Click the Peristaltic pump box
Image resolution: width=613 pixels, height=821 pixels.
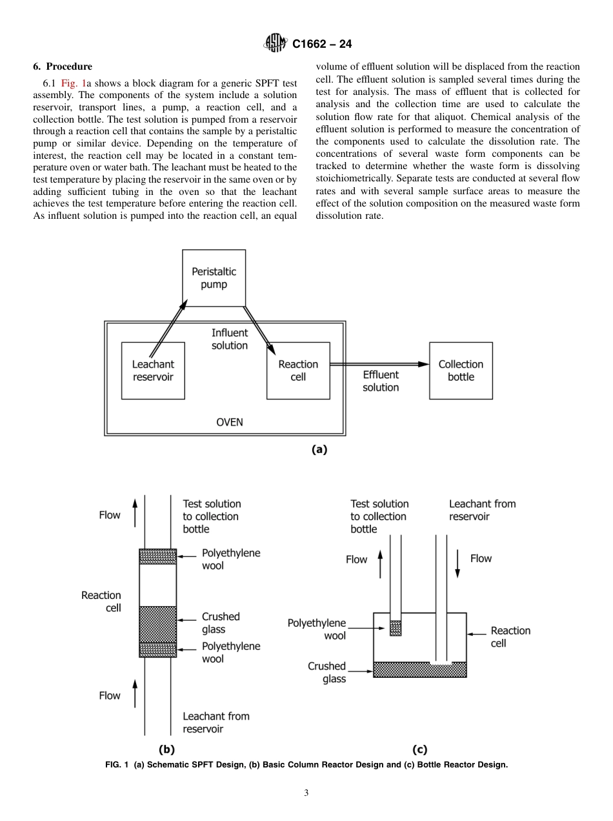pyautogui.click(x=214, y=278)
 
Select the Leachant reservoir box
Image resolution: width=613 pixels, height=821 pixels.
pyautogui.click(x=153, y=370)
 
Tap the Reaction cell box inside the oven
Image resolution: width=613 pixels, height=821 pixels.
pyautogui.click(x=298, y=370)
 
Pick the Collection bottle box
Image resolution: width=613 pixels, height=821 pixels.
pyautogui.click(x=461, y=370)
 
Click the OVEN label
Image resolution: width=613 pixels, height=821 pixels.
pyautogui.click(x=229, y=422)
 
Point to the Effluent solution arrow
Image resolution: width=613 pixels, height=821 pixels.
pyautogui.click(x=379, y=364)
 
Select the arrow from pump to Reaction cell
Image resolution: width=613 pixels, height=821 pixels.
pyautogui.click(x=259, y=328)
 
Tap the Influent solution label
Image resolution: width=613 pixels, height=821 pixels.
pyautogui.click(x=230, y=339)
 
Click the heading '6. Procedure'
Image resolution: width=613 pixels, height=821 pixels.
pyautogui.click(x=63, y=66)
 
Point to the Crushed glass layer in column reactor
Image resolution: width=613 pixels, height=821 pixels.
pyautogui.click(x=158, y=624)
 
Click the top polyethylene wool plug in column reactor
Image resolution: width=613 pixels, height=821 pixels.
pyautogui.click(x=158, y=556)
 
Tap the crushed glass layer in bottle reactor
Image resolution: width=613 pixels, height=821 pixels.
pyautogui.click(x=420, y=670)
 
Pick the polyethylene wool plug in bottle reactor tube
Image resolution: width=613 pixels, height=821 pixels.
pyautogui.click(x=396, y=628)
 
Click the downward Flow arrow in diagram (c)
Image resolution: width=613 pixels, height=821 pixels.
pyautogui.click(x=457, y=563)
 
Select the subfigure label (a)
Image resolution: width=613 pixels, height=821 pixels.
pyautogui.click(x=319, y=450)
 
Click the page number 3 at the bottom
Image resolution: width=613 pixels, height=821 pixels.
pyautogui.click(x=306, y=793)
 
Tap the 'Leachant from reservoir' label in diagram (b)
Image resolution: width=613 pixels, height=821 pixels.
pyautogui.click(x=216, y=722)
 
